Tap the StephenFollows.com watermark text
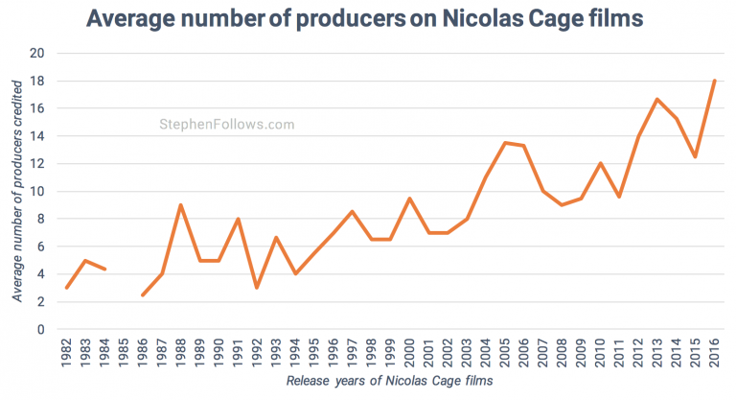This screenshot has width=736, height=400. tap(226, 125)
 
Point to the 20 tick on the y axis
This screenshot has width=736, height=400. tap(39, 54)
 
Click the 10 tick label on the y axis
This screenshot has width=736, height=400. tap(39, 192)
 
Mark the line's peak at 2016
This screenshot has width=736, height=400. tap(714, 81)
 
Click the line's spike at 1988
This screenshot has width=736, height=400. tap(180, 204)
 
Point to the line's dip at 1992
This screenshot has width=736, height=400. tap(257, 288)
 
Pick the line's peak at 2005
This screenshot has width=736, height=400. tap(504, 143)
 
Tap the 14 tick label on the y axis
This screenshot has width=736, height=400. tap(39, 136)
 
